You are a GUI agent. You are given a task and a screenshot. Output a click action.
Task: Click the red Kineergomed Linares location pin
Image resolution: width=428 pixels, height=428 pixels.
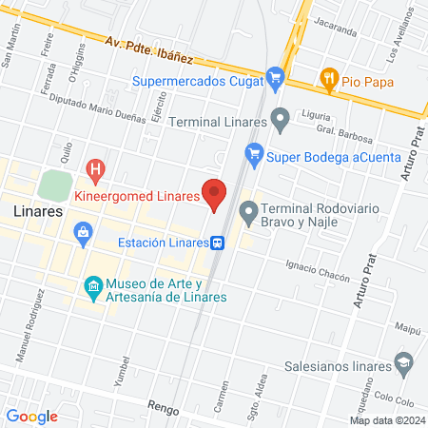[215, 192]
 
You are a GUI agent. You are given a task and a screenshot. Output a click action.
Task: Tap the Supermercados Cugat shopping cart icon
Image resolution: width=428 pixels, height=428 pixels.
[276, 77]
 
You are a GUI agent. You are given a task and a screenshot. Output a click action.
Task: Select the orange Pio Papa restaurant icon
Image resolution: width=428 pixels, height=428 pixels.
[330, 78]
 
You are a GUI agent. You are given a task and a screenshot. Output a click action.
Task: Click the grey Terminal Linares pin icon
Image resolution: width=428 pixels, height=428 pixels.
[280, 121]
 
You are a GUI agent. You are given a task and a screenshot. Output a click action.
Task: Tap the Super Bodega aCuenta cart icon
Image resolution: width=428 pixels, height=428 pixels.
[254, 152]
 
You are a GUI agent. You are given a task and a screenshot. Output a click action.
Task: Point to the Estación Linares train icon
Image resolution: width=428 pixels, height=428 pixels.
[219, 243]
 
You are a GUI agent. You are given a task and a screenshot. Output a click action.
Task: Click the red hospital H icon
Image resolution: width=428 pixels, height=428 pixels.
[95, 170]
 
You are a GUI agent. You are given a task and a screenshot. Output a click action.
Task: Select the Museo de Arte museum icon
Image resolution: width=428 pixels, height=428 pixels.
[93, 285]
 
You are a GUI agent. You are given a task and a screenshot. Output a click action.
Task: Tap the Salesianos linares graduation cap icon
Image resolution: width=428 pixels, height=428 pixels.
[403, 364]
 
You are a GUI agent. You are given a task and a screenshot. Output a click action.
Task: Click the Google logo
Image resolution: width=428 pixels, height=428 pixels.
[32, 416]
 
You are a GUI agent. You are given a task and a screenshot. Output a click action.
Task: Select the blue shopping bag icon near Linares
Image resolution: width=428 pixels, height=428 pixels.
[84, 231]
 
